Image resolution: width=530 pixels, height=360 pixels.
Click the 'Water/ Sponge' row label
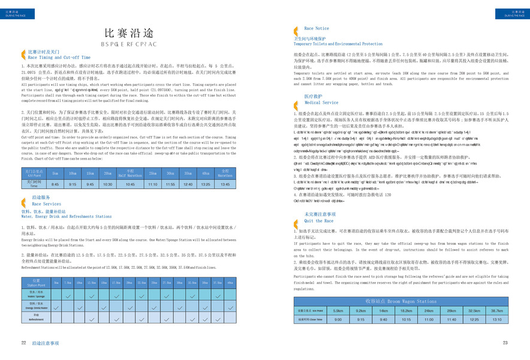point(37,295)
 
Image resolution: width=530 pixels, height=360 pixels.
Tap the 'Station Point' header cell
point(37,282)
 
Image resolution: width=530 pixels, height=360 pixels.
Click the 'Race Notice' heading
point(317,28)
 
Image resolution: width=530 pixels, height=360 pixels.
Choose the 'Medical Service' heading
point(321,103)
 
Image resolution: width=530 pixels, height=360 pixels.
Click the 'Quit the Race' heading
point(318,220)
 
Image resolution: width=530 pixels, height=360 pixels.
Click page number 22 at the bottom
point(23,343)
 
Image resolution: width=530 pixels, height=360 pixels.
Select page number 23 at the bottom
point(505,343)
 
